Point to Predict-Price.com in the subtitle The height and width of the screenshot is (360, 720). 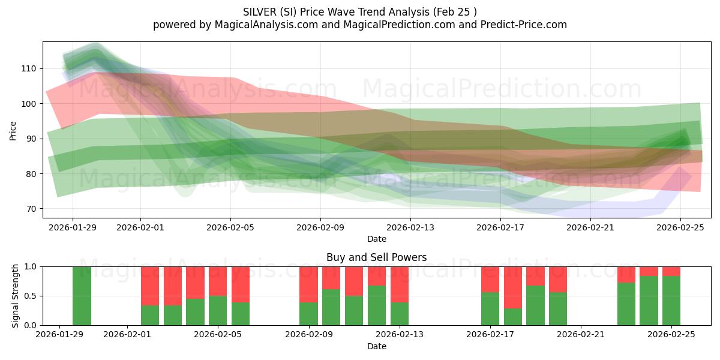tap(523, 25)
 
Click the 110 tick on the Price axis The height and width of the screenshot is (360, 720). tap(29, 69)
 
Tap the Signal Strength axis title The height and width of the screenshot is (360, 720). tap(16, 296)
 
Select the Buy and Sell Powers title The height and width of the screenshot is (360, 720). tap(377, 257)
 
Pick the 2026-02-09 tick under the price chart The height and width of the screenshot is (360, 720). tap(320, 227)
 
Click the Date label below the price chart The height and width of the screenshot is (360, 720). tap(377, 239)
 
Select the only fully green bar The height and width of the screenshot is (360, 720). tap(82, 296)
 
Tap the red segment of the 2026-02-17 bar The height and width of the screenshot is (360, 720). tap(490, 279)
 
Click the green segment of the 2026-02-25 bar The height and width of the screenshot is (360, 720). tap(671, 301)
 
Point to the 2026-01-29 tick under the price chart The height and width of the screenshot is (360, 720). tap(73, 227)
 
